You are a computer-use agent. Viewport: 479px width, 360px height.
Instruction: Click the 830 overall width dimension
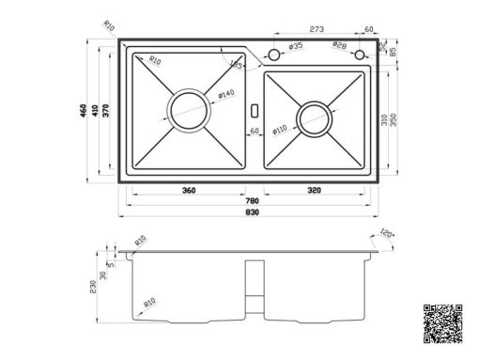click(x=251, y=212)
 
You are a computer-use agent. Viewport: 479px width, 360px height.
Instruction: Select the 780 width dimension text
click(x=251, y=201)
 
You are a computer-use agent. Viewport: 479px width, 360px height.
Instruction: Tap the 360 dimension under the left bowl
click(x=189, y=191)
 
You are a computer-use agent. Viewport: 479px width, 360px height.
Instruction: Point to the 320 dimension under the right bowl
click(x=315, y=191)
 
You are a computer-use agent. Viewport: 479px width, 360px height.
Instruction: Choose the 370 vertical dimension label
click(x=107, y=110)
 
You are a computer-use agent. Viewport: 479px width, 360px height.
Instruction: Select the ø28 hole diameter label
click(x=340, y=46)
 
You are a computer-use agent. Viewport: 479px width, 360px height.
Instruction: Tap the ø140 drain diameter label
click(x=226, y=94)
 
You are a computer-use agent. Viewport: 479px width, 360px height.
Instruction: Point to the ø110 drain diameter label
click(x=280, y=130)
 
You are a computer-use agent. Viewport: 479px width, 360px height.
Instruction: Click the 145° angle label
click(x=237, y=66)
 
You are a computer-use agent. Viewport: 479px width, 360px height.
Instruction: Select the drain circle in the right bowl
click(x=314, y=118)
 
